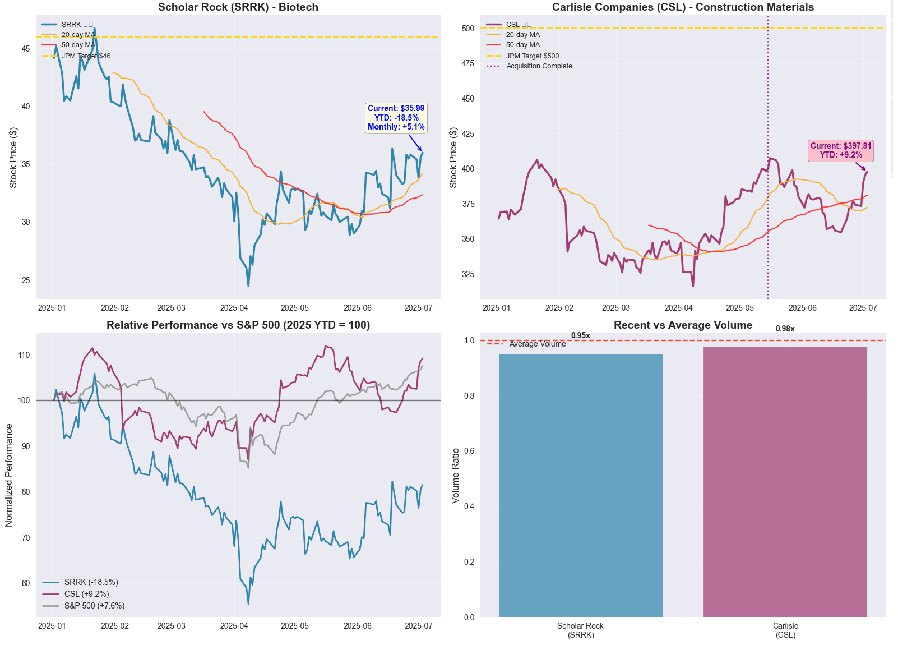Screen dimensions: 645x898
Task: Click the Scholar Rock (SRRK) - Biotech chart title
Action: (x=238, y=7)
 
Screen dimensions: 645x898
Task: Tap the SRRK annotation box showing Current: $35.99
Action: (x=396, y=118)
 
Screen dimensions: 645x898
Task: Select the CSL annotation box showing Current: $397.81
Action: (x=841, y=150)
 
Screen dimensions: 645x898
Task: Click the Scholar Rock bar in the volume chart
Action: (x=580, y=485)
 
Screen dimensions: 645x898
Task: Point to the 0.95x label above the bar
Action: (x=580, y=335)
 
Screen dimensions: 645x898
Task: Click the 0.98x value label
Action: (x=785, y=329)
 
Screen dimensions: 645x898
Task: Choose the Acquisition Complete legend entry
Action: (x=539, y=66)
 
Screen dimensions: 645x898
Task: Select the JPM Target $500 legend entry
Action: (x=532, y=56)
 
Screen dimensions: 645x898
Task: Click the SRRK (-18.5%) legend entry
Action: (x=91, y=582)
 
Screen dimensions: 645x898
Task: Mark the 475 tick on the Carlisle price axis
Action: (x=467, y=63)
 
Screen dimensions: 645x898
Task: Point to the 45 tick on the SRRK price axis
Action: (x=26, y=49)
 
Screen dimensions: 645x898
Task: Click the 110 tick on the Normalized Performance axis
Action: (x=24, y=355)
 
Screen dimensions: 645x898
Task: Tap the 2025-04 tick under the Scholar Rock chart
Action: (x=234, y=308)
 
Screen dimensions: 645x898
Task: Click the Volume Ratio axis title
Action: (x=456, y=475)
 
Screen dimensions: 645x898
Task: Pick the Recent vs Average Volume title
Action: (x=683, y=325)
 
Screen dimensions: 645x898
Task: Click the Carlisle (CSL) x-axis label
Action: (x=785, y=630)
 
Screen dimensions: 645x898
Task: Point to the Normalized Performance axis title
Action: (x=9, y=475)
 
